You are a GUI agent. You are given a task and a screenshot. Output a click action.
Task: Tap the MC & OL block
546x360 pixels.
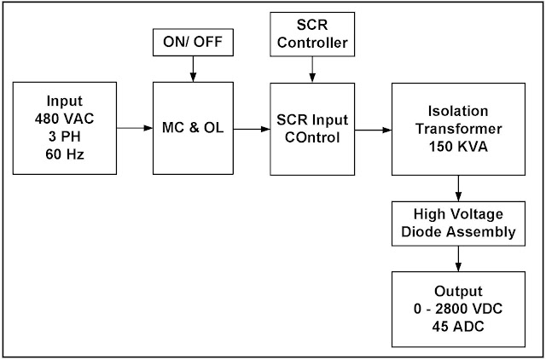pyautogui.click(x=192, y=129)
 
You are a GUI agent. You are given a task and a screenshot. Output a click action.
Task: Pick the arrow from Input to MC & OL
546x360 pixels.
pyautogui.click(x=135, y=129)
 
